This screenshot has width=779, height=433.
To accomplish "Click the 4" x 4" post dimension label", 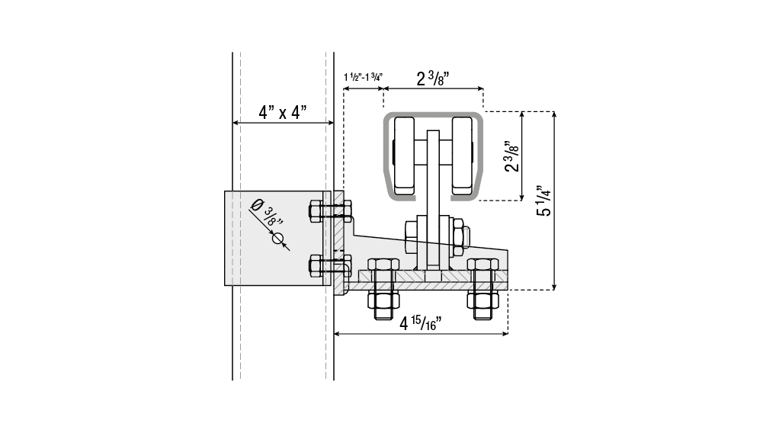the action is coord(282,112).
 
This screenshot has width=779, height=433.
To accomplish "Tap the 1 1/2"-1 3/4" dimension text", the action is coord(363,77).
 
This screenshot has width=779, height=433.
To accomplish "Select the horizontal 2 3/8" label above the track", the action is coord(433,79).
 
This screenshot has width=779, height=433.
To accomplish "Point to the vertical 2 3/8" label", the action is coord(511,156).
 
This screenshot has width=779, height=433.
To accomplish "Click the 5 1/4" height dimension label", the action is coord(543,200).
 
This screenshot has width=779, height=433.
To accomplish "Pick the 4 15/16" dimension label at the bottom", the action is coord(421,324).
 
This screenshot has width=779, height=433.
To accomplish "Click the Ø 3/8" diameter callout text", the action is coord(267,212).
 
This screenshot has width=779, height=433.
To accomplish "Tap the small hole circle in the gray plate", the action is coord(278,239).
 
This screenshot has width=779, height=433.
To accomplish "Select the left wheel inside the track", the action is coord(404,156).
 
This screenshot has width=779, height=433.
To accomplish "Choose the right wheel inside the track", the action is coord(462,156).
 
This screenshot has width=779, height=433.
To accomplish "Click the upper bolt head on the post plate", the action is coord(316,211).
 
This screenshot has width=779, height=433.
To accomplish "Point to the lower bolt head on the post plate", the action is coord(316,266).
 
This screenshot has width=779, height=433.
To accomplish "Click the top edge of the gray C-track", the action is coord(433,114).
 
